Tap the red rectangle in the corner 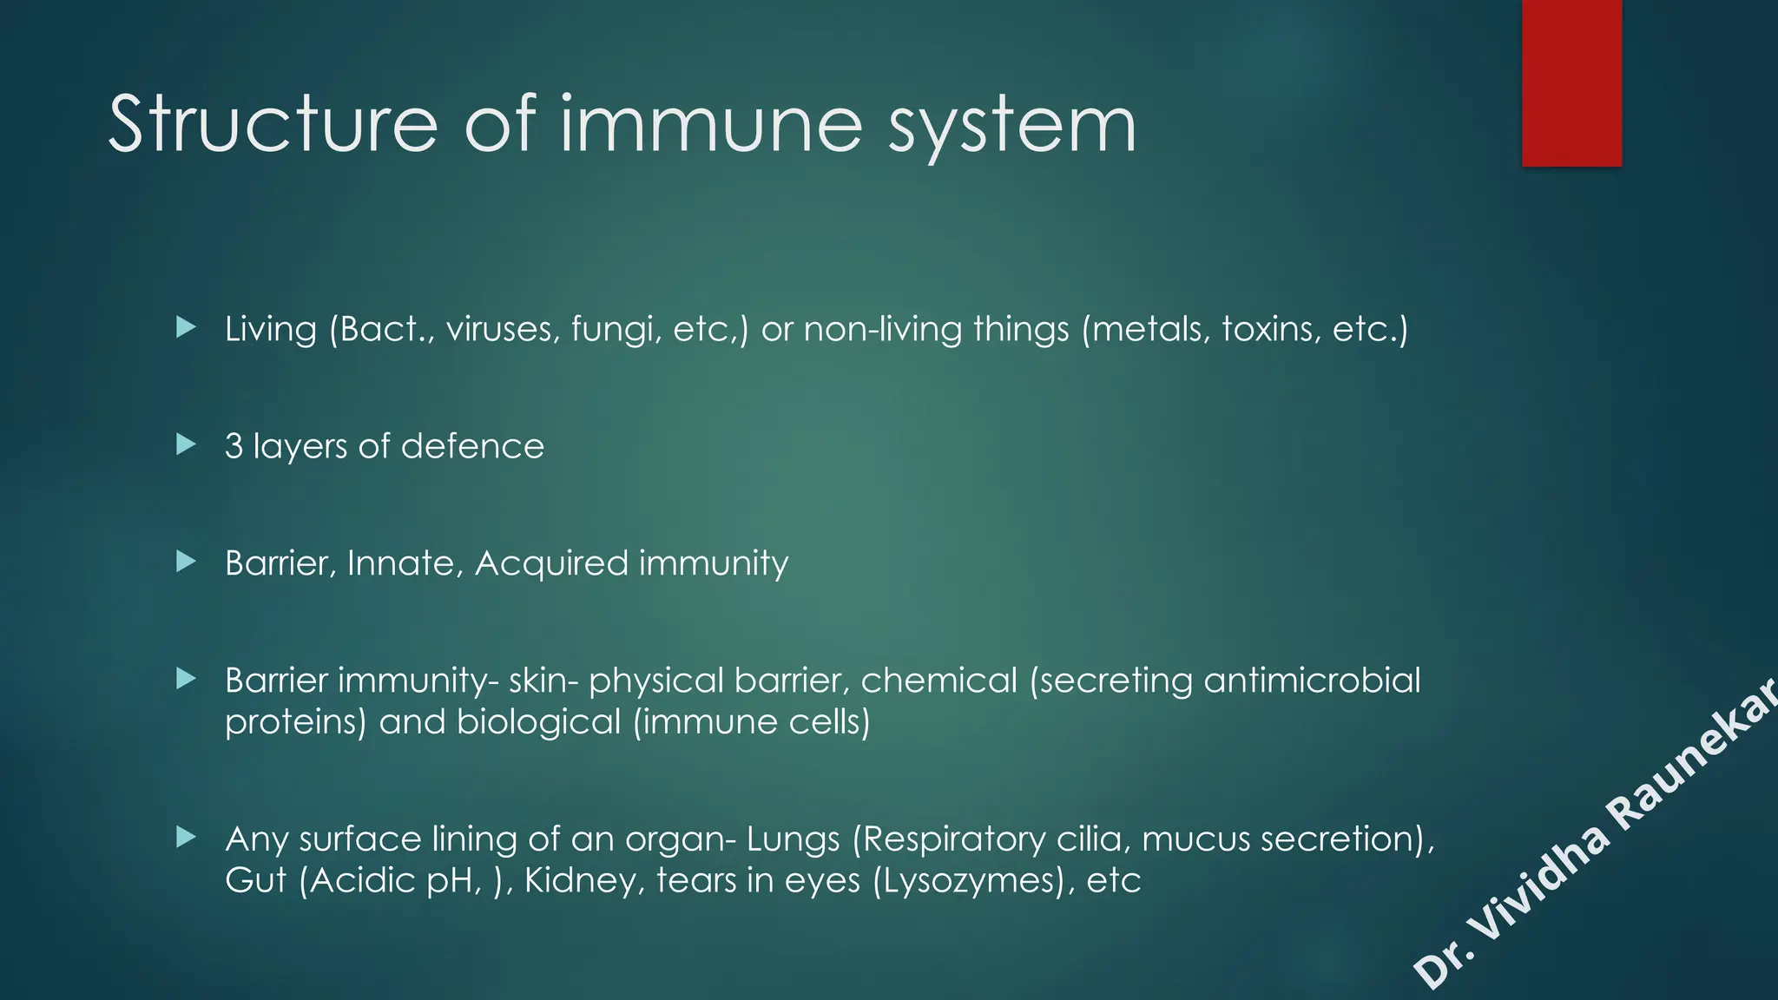(1571, 82)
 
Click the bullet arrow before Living (186, 327)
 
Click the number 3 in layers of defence (234, 446)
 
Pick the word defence (472, 446)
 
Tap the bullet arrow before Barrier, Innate (186, 562)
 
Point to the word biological (539, 722)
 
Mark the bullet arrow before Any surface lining (186, 838)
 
